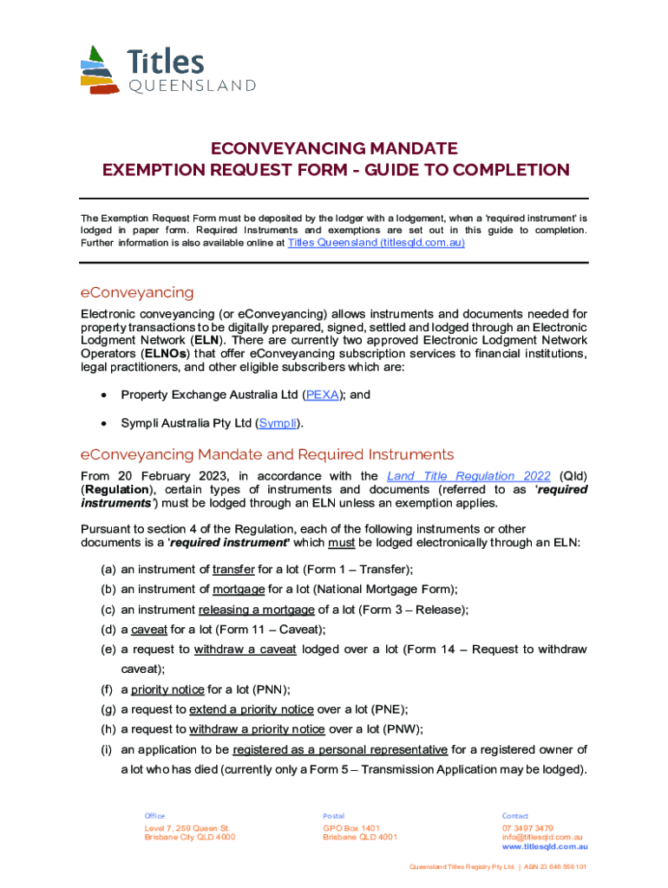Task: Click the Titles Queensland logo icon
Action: pyautogui.click(x=100, y=70)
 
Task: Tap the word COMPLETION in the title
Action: pyautogui.click(x=505, y=170)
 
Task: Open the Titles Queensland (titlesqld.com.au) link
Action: pyautogui.click(x=376, y=243)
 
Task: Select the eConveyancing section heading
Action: pyautogui.click(x=136, y=292)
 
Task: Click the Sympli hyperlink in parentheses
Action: pyautogui.click(x=279, y=423)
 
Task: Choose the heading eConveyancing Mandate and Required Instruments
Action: pyautogui.click(x=266, y=454)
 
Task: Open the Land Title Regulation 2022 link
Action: pyautogui.click(x=468, y=476)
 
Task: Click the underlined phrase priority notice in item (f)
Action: pyautogui.click(x=167, y=689)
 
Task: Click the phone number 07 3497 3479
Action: pyautogui.click(x=527, y=828)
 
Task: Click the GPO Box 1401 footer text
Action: pyautogui.click(x=351, y=828)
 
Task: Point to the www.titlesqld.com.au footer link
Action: pyautogui.click(x=545, y=846)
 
